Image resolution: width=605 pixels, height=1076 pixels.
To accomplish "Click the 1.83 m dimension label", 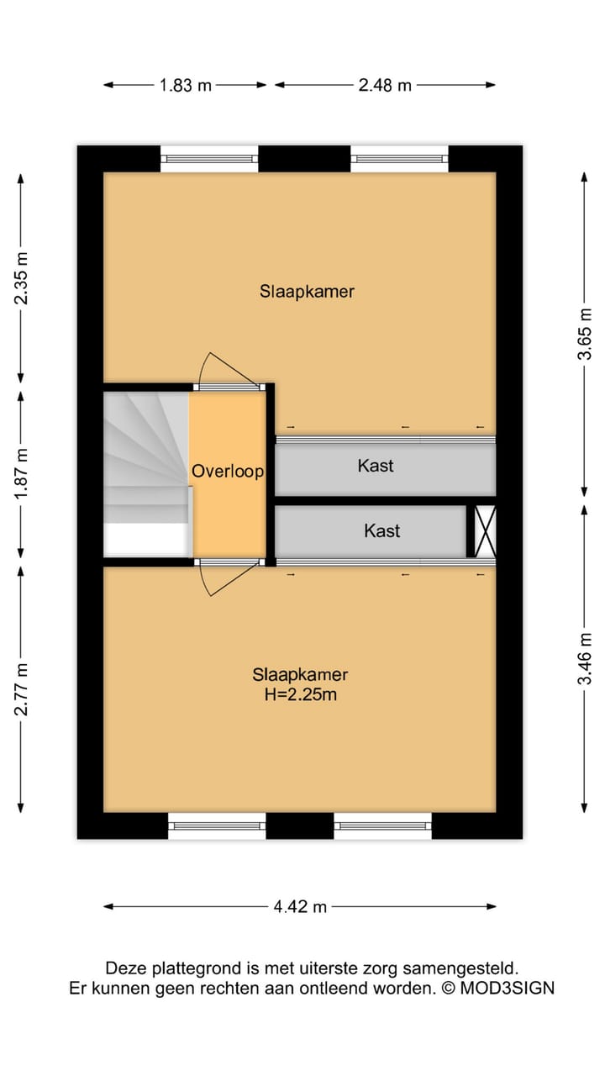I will pyautogui.click(x=186, y=85).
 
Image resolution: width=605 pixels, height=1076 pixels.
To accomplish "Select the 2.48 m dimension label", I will pyautogui.click(x=385, y=85).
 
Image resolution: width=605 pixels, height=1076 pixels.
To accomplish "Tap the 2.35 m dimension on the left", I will pyautogui.click(x=22, y=278).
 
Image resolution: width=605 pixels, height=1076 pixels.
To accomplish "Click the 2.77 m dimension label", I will pyautogui.click(x=22, y=689).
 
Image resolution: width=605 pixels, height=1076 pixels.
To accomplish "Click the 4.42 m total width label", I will pyautogui.click(x=300, y=906).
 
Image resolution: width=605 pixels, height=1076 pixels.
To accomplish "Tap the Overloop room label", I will pyautogui.click(x=228, y=472).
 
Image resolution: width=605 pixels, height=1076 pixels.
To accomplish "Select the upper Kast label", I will pyautogui.click(x=376, y=465).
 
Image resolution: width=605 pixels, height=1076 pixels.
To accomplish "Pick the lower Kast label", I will pyautogui.click(x=381, y=530).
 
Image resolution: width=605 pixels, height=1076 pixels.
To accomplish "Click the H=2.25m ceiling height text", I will pyautogui.click(x=300, y=694).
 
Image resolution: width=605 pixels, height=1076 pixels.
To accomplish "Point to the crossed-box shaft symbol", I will pyautogui.click(x=486, y=530).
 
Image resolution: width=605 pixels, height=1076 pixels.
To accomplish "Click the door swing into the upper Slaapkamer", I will pyautogui.click(x=225, y=368).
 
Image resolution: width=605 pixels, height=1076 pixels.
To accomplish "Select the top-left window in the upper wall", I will pyautogui.click(x=209, y=158).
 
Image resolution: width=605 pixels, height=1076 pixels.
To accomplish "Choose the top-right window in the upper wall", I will pyautogui.click(x=399, y=158).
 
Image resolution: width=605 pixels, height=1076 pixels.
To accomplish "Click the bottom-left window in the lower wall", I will pyautogui.click(x=217, y=825).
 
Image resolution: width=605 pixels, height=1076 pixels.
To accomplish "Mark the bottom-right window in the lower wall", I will pyautogui.click(x=382, y=825).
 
